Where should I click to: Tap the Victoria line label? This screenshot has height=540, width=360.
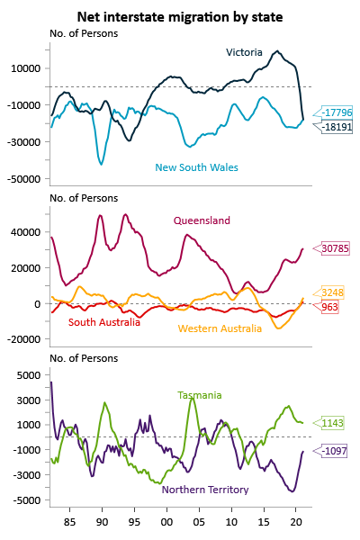(x=244, y=52)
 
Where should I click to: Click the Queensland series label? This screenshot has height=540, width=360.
(x=202, y=220)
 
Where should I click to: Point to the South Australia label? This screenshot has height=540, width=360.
(x=104, y=322)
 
